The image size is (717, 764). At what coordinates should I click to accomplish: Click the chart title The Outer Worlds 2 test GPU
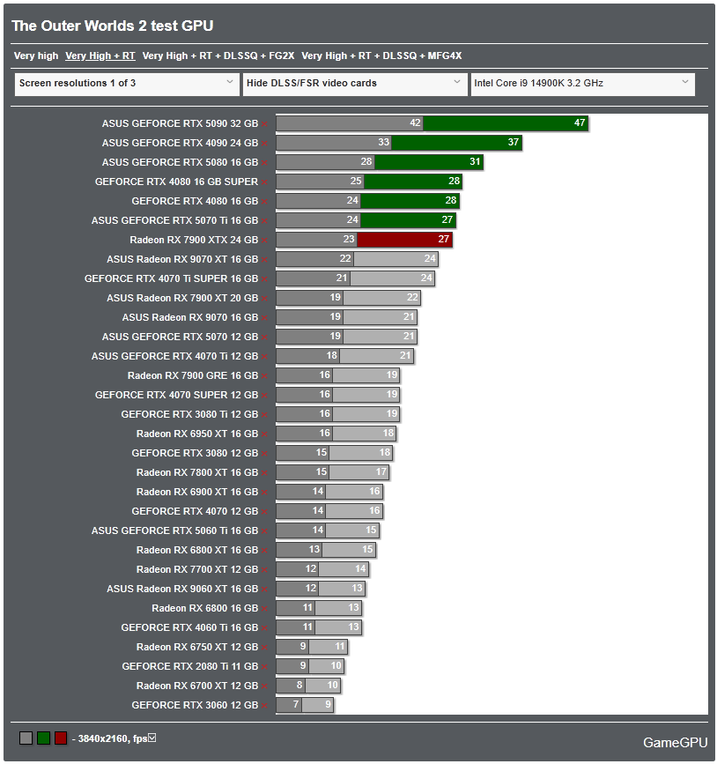pos(113,26)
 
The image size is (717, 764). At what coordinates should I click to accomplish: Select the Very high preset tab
pos(36,56)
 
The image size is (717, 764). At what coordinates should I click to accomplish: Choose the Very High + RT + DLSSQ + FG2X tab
pos(218,56)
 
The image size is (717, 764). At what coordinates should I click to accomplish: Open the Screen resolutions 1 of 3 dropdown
pos(126,84)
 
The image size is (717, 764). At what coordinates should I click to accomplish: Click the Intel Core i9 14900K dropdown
pos(582,84)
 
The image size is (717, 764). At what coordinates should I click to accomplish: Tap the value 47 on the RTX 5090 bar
pos(580,123)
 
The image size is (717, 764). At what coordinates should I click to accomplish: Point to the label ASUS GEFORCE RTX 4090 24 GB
pos(180,143)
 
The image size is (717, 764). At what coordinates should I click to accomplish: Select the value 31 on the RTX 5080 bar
pos(475,162)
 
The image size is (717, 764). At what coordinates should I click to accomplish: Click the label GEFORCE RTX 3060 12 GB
pos(195,705)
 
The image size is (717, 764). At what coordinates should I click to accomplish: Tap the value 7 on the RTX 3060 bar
pos(295,705)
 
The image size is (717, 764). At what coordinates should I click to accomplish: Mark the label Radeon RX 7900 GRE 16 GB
pos(193,375)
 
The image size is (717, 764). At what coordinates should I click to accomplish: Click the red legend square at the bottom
pos(61,738)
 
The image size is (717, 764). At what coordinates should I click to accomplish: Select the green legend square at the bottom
pos(43,738)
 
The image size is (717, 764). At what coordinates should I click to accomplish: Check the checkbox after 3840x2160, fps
pos(152,738)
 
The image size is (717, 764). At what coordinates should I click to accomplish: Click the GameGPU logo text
pos(675,743)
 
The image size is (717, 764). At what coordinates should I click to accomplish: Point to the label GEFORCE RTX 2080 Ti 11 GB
pos(190,666)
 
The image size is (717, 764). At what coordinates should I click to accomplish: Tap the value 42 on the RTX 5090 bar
pos(415,123)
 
